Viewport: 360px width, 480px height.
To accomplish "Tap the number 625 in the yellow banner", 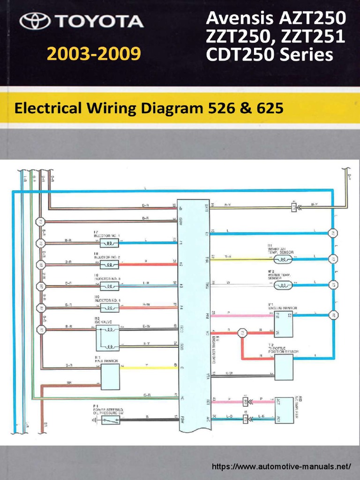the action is click(x=269, y=109).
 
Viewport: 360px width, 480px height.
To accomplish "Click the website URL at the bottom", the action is click(x=281, y=467).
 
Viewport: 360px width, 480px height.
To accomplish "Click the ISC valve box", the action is click(x=107, y=338).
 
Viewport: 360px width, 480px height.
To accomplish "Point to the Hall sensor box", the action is click(x=110, y=376).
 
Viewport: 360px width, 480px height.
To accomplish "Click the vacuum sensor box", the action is click(x=284, y=324).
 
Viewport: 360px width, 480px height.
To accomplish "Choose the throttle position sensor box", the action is click(x=284, y=367).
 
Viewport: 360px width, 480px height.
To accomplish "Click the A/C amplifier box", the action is click(x=284, y=408).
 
